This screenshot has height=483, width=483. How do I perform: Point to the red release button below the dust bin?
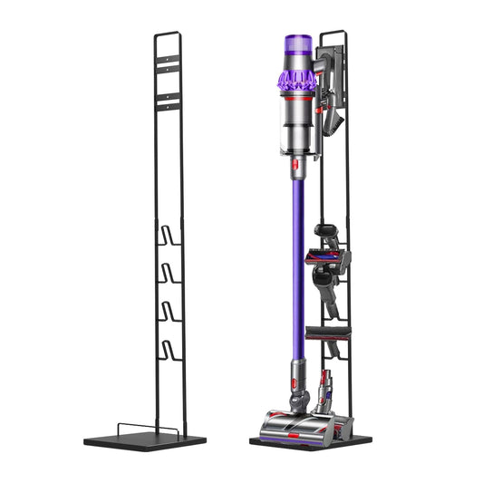(x=295, y=164)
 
